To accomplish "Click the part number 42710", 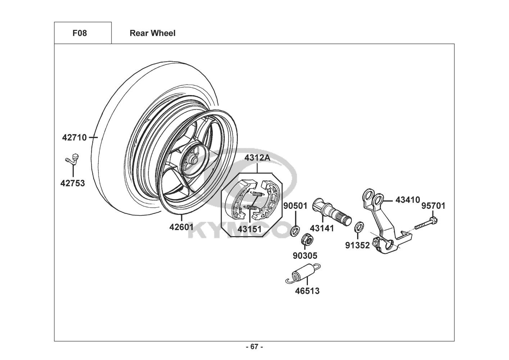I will pyautogui.click(x=74, y=138).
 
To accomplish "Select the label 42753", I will pyautogui.click(x=73, y=183).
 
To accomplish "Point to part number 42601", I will pyautogui.click(x=181, y=227).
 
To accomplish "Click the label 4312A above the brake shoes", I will pyautogui.click(x=257, y=158).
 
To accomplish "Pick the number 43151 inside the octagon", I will pyautogui.click(x=249, y=229).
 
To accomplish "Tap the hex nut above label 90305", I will pyautogui.click(x=306, y=239).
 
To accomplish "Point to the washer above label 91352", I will pyautogui.click(x=358, y=227).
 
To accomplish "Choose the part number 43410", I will pyautogui.click(x=408, y=199).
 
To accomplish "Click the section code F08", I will pyautogui.click(x=79, y=33).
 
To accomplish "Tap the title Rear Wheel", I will pyautogui.click(x=153, y=33).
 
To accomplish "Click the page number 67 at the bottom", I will pyautogui.click(x=254, y=347).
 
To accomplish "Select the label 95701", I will pyautogui.click(x=433, y=206).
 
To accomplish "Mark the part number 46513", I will pyautogui.click(x=307, y=291).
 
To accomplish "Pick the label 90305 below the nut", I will pyautogui.click(x=305, y=256).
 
